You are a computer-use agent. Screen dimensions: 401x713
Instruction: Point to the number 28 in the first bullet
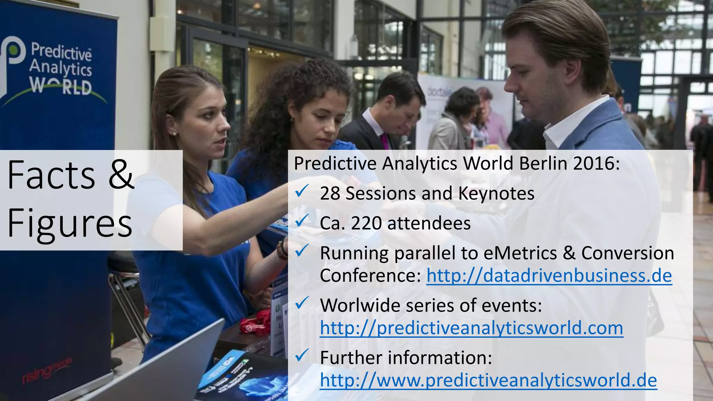[330, 194]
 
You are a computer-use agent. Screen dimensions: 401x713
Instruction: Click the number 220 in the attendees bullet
[366, 223]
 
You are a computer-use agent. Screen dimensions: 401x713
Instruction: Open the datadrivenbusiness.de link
[549, 276]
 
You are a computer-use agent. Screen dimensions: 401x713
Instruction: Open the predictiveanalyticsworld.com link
[471, 328]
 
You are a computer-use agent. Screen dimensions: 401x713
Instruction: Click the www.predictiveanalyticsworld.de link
[488, 380]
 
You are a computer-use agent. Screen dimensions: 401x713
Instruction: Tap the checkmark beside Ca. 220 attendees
[301, 221]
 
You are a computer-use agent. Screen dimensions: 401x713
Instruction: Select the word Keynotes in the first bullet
[496, 194]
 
